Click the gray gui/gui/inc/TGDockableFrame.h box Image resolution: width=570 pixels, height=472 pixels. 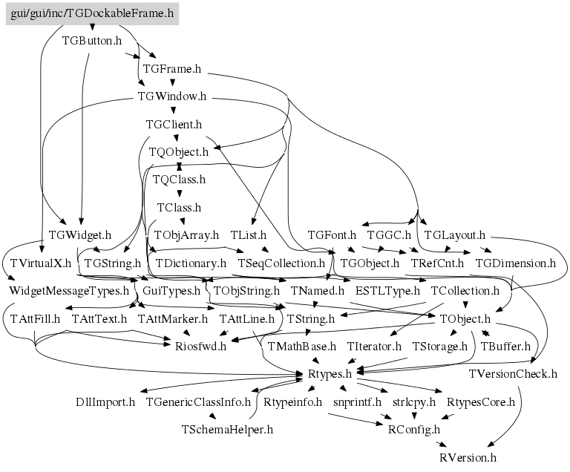coord(92,13)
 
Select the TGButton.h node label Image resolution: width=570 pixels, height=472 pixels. coord(92,40)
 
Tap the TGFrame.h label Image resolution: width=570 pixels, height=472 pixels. coord(172,68)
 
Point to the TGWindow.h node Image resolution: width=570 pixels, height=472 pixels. coord(172,96)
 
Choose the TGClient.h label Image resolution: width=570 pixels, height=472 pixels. coord(174,125)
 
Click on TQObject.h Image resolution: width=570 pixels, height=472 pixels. coord(179,151)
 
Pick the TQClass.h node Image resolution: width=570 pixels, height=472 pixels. coord(179,180)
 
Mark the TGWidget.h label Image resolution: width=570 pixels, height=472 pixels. coord(80,235)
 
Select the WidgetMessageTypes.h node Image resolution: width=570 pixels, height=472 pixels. coord(69,290)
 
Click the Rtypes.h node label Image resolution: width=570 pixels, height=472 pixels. coord(330,374)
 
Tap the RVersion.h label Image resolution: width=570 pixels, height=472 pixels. coord(468,457)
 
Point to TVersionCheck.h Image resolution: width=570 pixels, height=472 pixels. coord(513,374)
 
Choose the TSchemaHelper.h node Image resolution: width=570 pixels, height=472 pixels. coord(227,430)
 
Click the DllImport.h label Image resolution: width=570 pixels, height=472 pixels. coord(105,401)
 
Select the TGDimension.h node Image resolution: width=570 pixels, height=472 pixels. coord(516,263)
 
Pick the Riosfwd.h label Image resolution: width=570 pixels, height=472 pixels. coord(200,346)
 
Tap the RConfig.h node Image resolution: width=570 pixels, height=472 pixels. coord(414,430)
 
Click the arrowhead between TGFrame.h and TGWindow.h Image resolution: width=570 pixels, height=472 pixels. coord(173,82)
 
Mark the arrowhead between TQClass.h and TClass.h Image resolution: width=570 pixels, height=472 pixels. coord(179,194)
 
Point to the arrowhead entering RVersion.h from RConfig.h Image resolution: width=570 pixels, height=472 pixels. coord(442,445)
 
